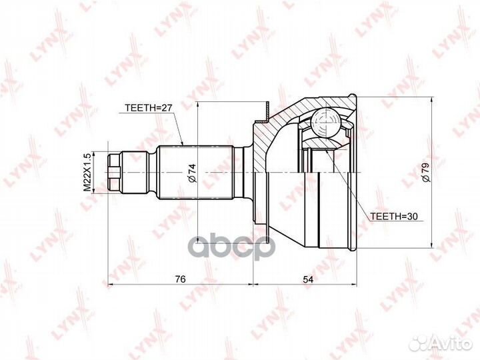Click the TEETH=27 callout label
click(147, 106)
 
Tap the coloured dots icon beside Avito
click(419, 341)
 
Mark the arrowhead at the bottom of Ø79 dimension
click(435, 245)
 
